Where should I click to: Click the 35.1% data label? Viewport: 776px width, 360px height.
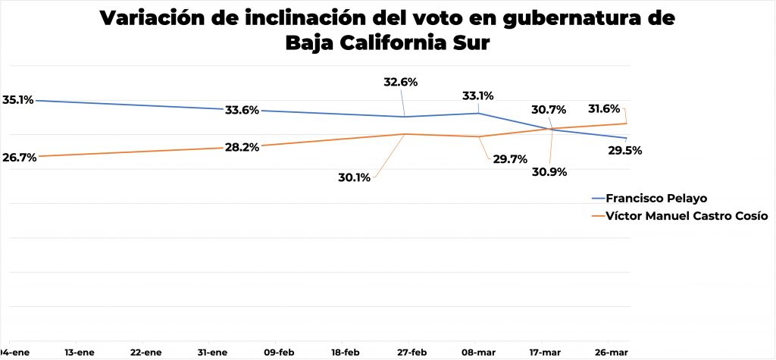pos(18,99)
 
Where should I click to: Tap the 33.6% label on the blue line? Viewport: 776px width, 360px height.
pos(242,110)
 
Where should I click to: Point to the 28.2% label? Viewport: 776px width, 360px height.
pos(242,147)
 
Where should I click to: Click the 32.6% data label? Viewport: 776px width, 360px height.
pos(401,82)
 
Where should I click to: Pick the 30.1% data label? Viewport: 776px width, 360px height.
pos(353,178)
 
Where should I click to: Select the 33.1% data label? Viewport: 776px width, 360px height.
pos(477,96)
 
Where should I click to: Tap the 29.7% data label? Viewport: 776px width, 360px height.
pos(509,159)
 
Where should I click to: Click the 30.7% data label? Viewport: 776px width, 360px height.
pos(549,110)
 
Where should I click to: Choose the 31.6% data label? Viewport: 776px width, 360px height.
pos(604,108)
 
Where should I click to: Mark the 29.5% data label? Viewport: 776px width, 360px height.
pos(625,150)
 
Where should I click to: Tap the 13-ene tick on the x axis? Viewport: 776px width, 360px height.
pos(80,352)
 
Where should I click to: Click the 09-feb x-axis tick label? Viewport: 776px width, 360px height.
pos(278,352)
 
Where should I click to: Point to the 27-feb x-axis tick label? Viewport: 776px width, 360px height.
pos(411,352)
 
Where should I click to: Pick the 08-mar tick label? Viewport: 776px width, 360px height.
pos(478,352)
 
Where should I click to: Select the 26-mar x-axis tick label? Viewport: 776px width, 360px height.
pos(611,352)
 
